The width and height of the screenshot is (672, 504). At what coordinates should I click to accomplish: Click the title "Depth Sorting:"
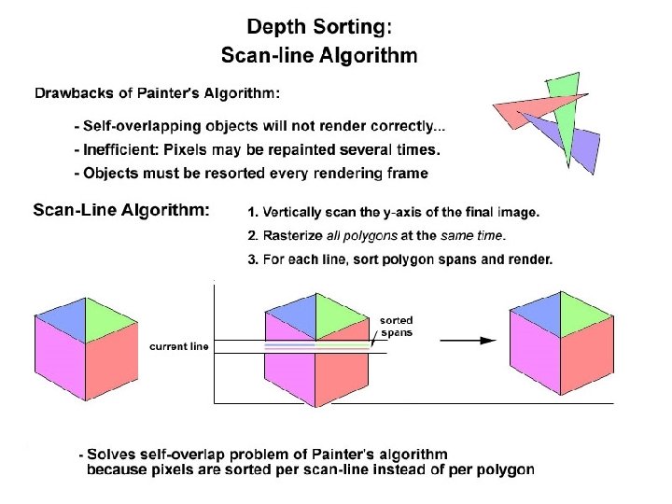[x=318, y=27]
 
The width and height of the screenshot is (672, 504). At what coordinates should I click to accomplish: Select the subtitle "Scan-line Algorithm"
[x=318, y=55]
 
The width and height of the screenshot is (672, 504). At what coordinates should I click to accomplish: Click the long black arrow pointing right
[x=467, y=341]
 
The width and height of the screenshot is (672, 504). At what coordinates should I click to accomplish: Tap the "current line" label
[x=179, y=346]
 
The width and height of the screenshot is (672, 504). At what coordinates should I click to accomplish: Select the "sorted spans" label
[x=397, y=327]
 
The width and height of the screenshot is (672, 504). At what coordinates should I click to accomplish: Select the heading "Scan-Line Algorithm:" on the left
[x=121, y=210]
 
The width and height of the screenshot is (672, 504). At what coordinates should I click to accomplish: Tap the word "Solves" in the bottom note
[x=111, y=455]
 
